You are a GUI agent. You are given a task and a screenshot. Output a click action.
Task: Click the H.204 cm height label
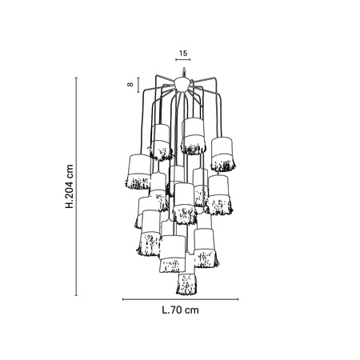(x=70, y=186)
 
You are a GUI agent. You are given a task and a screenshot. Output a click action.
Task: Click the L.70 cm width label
(x=181, y=310)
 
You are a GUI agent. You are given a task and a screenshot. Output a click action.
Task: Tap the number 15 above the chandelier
(x=183, y=53)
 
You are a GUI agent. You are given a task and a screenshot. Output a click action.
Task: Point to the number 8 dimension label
(x=130, y=84)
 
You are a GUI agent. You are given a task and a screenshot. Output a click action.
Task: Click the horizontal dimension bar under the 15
(x=183, y=59)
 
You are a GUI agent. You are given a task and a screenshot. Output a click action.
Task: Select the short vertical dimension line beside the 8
(x=138, y=85)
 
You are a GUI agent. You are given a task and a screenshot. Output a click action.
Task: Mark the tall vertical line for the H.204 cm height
(x=76, y=186)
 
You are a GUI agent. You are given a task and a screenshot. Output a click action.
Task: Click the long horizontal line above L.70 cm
(x=181, y=299)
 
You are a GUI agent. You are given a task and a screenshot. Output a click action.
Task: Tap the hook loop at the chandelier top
(x=183, y=73)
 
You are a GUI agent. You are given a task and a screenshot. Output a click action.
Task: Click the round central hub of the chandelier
(x=182, y=83)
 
